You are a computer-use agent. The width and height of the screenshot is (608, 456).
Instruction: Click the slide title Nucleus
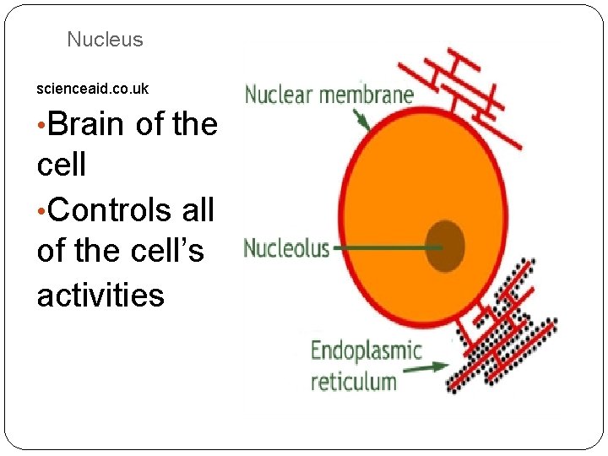pyautogui.click(x=105, y=40)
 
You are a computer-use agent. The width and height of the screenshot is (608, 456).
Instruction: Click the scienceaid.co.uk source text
pyautogui.click(x=93, y=89)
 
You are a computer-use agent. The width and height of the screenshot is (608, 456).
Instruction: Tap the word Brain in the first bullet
pyautogui.click(x=88, y=124)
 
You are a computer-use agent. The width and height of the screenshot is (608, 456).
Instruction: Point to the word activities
pyautogui.click(x=100, y=296)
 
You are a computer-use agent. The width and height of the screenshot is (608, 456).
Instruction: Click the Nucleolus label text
pyautogui.click(x=286, y=248)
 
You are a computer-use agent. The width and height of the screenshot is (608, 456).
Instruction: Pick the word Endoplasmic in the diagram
pyautogui.click(x=366, y=350)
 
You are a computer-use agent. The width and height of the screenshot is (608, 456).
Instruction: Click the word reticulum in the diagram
pyautogui.click(x=353, y=381)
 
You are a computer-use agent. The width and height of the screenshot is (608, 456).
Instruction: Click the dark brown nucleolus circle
pyautogui.click(x=444, y=247)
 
